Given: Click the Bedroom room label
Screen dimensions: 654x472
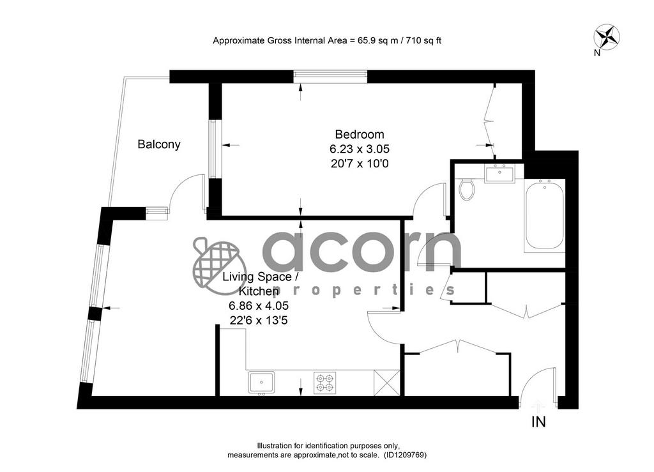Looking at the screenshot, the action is tap(360, 134).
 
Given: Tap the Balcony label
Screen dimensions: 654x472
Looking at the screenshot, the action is tap(159, 144).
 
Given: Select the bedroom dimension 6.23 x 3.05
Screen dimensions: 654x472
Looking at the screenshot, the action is tap(360, 149).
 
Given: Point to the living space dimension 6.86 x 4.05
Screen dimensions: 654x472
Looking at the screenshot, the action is tap(259, 306).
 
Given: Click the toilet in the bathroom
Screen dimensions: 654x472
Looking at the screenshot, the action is tap(466, 189).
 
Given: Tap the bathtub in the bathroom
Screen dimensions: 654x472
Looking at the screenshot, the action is tap(545, 215).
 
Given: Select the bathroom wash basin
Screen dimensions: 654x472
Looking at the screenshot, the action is tap(499, 173).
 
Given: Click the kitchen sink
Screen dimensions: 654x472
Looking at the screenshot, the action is tap(261, 383).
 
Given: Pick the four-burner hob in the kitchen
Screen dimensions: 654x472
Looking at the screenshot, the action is tap(325, 383).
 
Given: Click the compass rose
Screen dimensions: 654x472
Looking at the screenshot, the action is tap(607, 36).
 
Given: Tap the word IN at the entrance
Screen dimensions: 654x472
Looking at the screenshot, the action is tap(538, 422).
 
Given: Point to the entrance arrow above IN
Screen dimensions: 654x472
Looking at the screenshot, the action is tap(538, 406).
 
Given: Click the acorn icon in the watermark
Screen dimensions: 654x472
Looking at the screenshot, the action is tap(216, 263).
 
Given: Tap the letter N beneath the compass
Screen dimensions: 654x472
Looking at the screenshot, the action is tap(597, 53).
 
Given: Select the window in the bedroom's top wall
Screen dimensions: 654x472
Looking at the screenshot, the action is tap(330, 75).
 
